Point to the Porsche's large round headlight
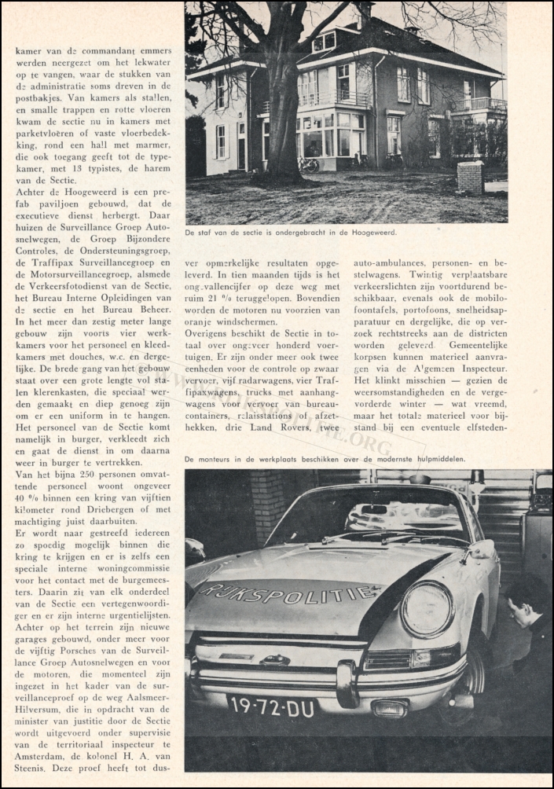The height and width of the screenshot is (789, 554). click(x=427, y=608)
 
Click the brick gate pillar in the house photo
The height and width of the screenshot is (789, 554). click(x=470, y=177)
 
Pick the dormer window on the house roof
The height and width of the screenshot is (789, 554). click(x=324, y=42)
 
